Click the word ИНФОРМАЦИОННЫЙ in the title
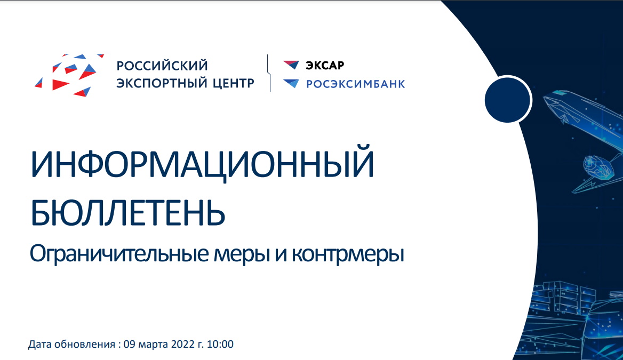[x=202, y=163]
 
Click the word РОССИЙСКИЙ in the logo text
[x=162, y=65]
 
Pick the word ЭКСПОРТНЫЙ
[x=162, y=83]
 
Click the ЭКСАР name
[x=325, y=65]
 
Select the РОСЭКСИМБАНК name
[x=356, y=84]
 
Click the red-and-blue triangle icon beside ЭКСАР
[x=291, y=65]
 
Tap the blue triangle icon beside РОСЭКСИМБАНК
[x=291, y=83]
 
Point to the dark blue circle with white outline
[x=508, y=99]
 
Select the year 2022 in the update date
[x=183, y=344]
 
